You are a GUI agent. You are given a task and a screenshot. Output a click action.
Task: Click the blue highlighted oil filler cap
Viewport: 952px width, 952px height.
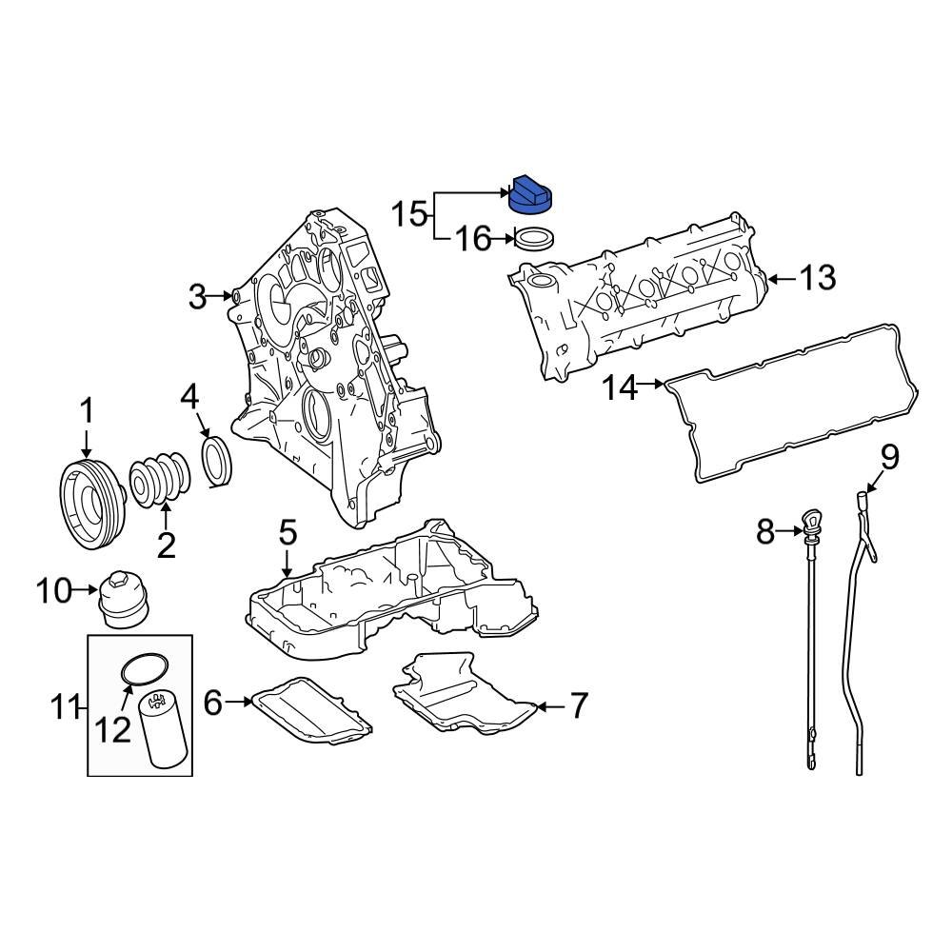point(533,194)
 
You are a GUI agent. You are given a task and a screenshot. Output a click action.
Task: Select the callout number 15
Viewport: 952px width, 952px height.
point(410,214)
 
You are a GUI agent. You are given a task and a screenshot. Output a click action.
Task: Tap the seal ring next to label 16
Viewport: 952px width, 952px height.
point(534,238)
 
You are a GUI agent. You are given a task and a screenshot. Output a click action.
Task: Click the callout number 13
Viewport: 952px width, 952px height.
point(817,278)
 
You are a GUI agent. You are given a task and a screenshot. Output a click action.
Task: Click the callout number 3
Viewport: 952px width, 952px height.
point(196,298)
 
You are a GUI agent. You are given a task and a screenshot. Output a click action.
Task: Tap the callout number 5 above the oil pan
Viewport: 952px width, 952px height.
point(288,533)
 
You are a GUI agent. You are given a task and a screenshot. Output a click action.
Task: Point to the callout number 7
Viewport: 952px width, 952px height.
point(579,705)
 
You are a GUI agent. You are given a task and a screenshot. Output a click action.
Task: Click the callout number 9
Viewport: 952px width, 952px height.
point(888,457)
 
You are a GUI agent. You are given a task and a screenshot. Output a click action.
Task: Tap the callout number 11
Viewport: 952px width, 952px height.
point(66,706)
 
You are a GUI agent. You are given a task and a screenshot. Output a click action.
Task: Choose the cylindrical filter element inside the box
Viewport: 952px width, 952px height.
point(160,731)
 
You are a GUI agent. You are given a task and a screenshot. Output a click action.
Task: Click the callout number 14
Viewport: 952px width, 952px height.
point(620,387)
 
